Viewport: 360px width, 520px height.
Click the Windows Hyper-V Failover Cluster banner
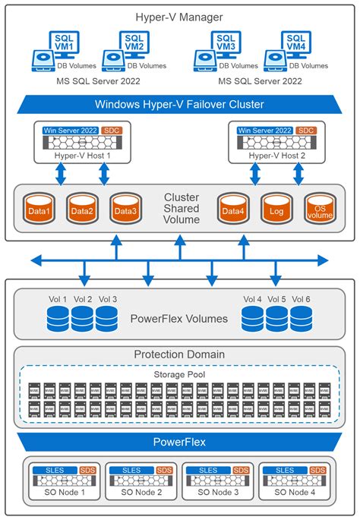click(x=180, y=104)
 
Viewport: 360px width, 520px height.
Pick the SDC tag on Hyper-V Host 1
click(x=112, y=131)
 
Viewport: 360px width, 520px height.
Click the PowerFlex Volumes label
click(x=178, y=319)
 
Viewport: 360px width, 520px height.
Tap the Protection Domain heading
click(x=180, y=355)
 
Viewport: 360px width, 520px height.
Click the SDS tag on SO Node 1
click(x=87, y=470)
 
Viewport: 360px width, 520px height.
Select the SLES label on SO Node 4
click(x=284, y=470)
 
